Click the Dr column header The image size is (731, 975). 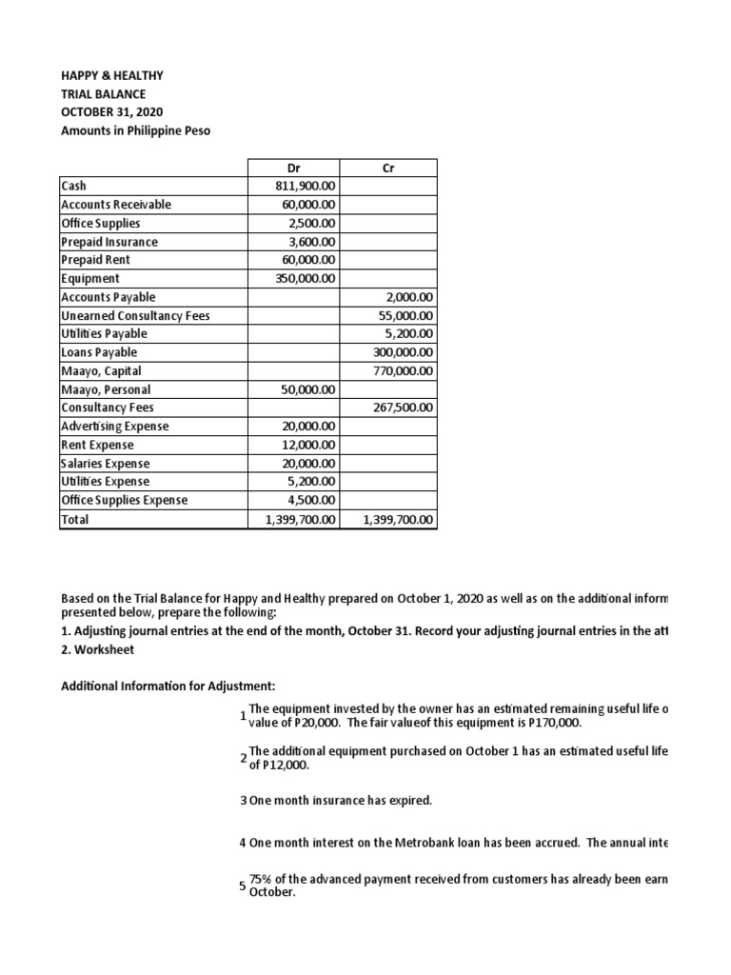pyautogui.click(x=293, y=169)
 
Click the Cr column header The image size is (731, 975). pyautogui.click(x=387, y=169)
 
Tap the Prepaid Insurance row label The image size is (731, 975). pyautogui.click(x=109, y=242)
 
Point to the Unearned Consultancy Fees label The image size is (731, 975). pyautogui.click(x=134, y=316)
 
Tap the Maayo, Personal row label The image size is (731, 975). pyautogui.click(x=106, y=389)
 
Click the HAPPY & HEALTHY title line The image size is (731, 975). pyautogui.click(x=112, y=75)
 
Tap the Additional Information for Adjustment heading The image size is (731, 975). pyautogui.click(x=168, y=686)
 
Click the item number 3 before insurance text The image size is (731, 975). pyautogui.click(x=244, y=801)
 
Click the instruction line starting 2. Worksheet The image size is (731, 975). pyautogui.click(x=98, y=649)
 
